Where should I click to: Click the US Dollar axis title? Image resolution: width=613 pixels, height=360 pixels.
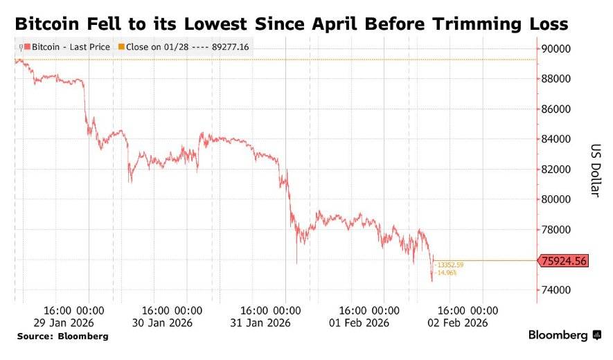595,170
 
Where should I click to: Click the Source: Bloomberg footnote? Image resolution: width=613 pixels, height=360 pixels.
62,336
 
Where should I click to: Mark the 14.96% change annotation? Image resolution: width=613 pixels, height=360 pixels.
446,272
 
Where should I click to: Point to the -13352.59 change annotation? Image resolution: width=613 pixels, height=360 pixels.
450,264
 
